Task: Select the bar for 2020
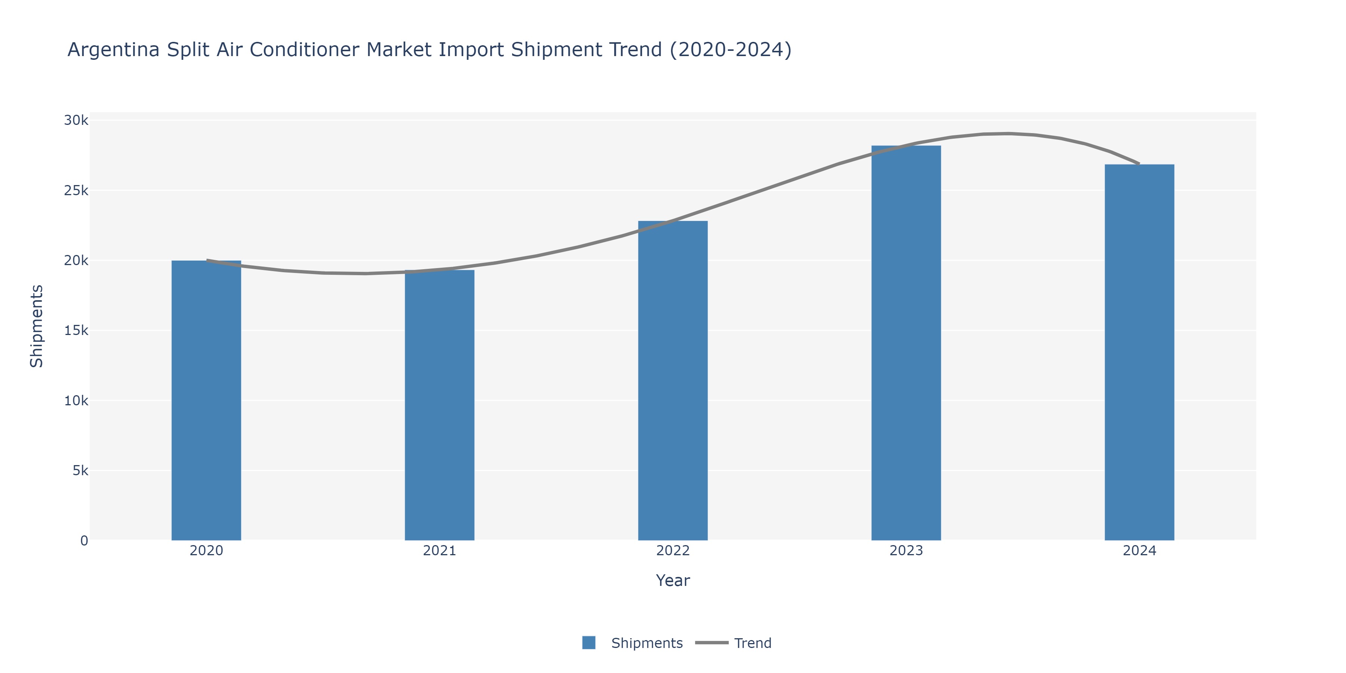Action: pyautogui.click(x=206, y=400)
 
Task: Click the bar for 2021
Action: pyautogui.click(x=439, y=405)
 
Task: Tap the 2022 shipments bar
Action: pyautogui.click(x=673, y=380)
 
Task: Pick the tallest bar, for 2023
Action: pyautogui.click(x=906, y=343)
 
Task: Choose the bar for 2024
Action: pyautogui.click(x=1139, y=352)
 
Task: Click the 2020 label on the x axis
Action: pyautogui.click(x=206, y=551)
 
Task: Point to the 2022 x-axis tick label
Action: pyautogui.click(x=673, y=551)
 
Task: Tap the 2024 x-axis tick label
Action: pyautogui.click(x=1139, y=551)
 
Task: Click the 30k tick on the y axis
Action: pyautogui.click(x=76, y=120)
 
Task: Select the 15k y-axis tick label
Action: pyautogui.click(x=76, y=330)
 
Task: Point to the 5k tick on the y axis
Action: pyautogui.click(x=80, y=471)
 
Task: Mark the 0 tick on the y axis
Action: pyautogui.click(x=84, y=541)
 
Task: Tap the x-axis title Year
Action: pyautogui.click(x=673, y=581)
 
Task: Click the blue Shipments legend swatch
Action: pyautogui.click(x=589, y=643)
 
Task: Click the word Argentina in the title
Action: pyautogui.click(x=113, y=50)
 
